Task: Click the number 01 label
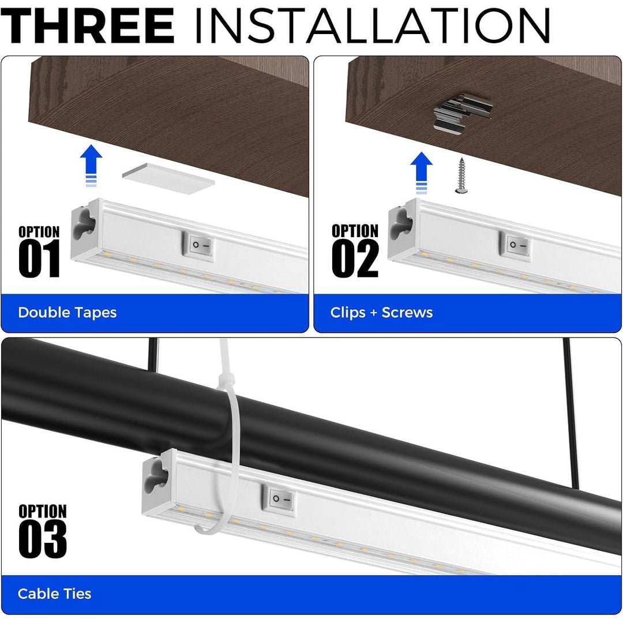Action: tap(39, 260)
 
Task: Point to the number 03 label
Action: tap(42, 539)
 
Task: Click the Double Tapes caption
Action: tap(67, 313)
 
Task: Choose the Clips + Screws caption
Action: tap(381, 313)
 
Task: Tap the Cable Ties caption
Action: tap(55, 594)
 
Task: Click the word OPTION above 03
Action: tap(42, 511)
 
